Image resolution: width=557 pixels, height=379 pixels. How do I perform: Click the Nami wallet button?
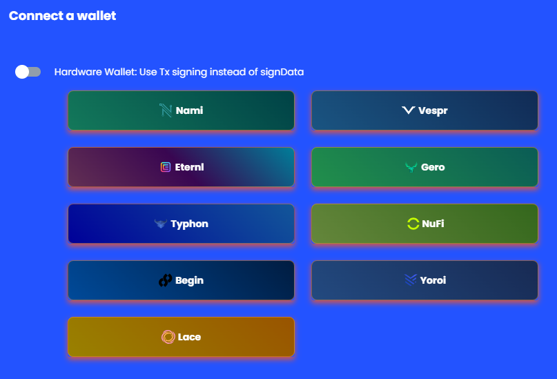click(x=181, y=110)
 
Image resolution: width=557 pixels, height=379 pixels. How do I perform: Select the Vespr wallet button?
click(x=425, y=110)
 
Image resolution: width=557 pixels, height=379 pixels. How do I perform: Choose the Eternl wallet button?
click(x=181, y=167)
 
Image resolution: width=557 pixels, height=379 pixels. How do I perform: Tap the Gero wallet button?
click(x=425, y=167)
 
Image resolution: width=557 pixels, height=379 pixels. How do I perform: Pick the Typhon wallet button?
click(x=181, y=224)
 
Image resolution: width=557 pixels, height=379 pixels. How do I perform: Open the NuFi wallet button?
click(x=425, y=224)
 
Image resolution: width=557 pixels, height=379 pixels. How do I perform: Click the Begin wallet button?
click(x=181, y=280)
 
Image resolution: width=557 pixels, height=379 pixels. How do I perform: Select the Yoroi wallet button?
click(x=425, y=280)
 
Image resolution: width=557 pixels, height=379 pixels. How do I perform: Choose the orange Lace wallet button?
click(x=181, y=337)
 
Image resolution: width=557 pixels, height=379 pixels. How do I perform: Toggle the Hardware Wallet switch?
click(x=28, y=72)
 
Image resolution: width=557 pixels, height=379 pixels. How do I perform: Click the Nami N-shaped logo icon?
click(x=166, y=110)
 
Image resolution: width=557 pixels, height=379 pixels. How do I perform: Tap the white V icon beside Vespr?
click(x=409, y=110)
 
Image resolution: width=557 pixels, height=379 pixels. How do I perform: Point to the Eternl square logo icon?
click(x=166, y=167)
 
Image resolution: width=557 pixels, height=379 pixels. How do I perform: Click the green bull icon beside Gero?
click(x=411, y=167)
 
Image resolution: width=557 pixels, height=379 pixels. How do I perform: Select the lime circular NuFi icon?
click(x=413, y=224)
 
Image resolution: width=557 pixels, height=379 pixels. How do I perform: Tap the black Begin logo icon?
click(x=165, y=280)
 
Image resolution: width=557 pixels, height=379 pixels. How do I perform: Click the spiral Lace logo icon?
click(x=168, y=337)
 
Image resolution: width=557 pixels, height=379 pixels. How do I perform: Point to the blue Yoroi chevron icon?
click(x=410, y=280)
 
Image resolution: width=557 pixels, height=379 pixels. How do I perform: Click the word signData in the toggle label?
click(x=282, y=72)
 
